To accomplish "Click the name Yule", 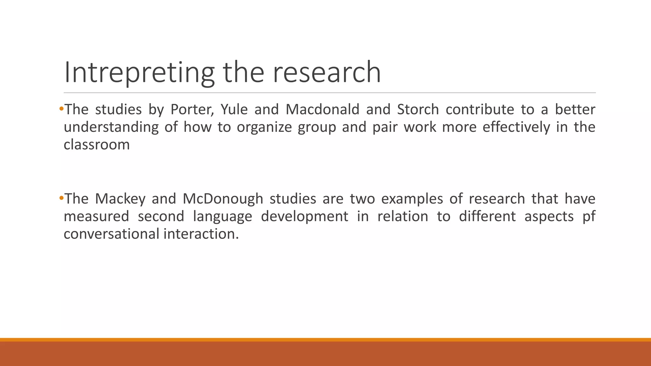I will [x=234, y=110].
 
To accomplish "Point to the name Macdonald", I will [x=322, y=110].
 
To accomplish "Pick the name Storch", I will [x=418, y=110].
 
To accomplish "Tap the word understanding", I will [x=111, y=127].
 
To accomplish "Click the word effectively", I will [x=516, y=127].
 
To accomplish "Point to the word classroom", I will [x=97, y=145].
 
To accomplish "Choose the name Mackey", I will [x=120, y=199].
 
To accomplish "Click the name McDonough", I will [x=223, y=199].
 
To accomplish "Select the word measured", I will [x=96, y=217].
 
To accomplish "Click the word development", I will [x=305, y=217].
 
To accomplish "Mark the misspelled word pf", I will [x=589, y=217].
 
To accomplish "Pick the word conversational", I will [x=111, y=234].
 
